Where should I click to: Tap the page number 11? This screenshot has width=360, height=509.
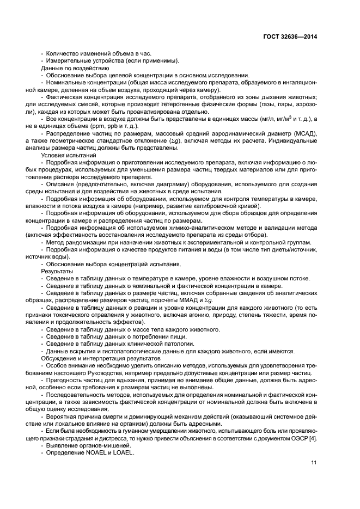pos(314,463)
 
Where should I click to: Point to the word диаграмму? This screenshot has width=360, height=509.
pos(164,184)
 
